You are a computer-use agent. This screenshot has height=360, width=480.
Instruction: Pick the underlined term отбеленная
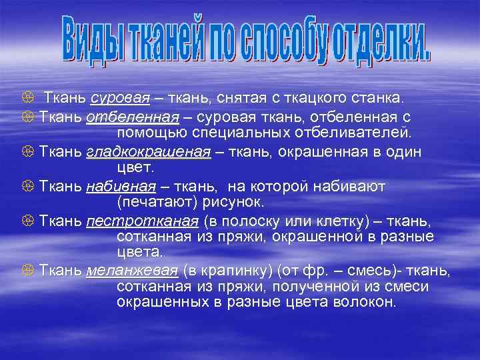pos(133,117)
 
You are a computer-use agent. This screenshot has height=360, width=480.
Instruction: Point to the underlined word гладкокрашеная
pos(148,151)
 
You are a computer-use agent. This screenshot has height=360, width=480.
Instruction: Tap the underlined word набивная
pos(121,185)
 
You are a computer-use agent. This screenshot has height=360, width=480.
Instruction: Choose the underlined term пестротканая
pos(142,220)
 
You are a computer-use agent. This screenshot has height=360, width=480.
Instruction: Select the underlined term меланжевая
pos(132,271)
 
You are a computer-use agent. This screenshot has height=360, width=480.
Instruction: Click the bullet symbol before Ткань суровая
pos(27,99)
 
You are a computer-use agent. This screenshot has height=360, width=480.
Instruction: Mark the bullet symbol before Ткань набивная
pos(27,186)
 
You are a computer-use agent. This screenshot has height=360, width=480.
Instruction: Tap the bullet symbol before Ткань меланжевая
pos(27,271)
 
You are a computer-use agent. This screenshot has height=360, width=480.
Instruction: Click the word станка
pos(379,99)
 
